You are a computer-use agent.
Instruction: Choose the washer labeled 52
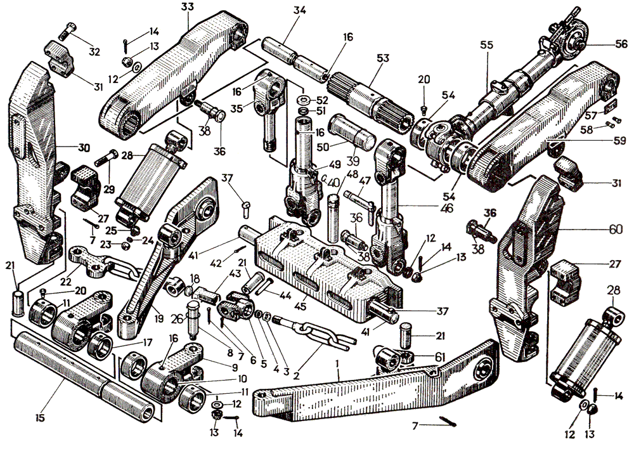click(304, 100)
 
